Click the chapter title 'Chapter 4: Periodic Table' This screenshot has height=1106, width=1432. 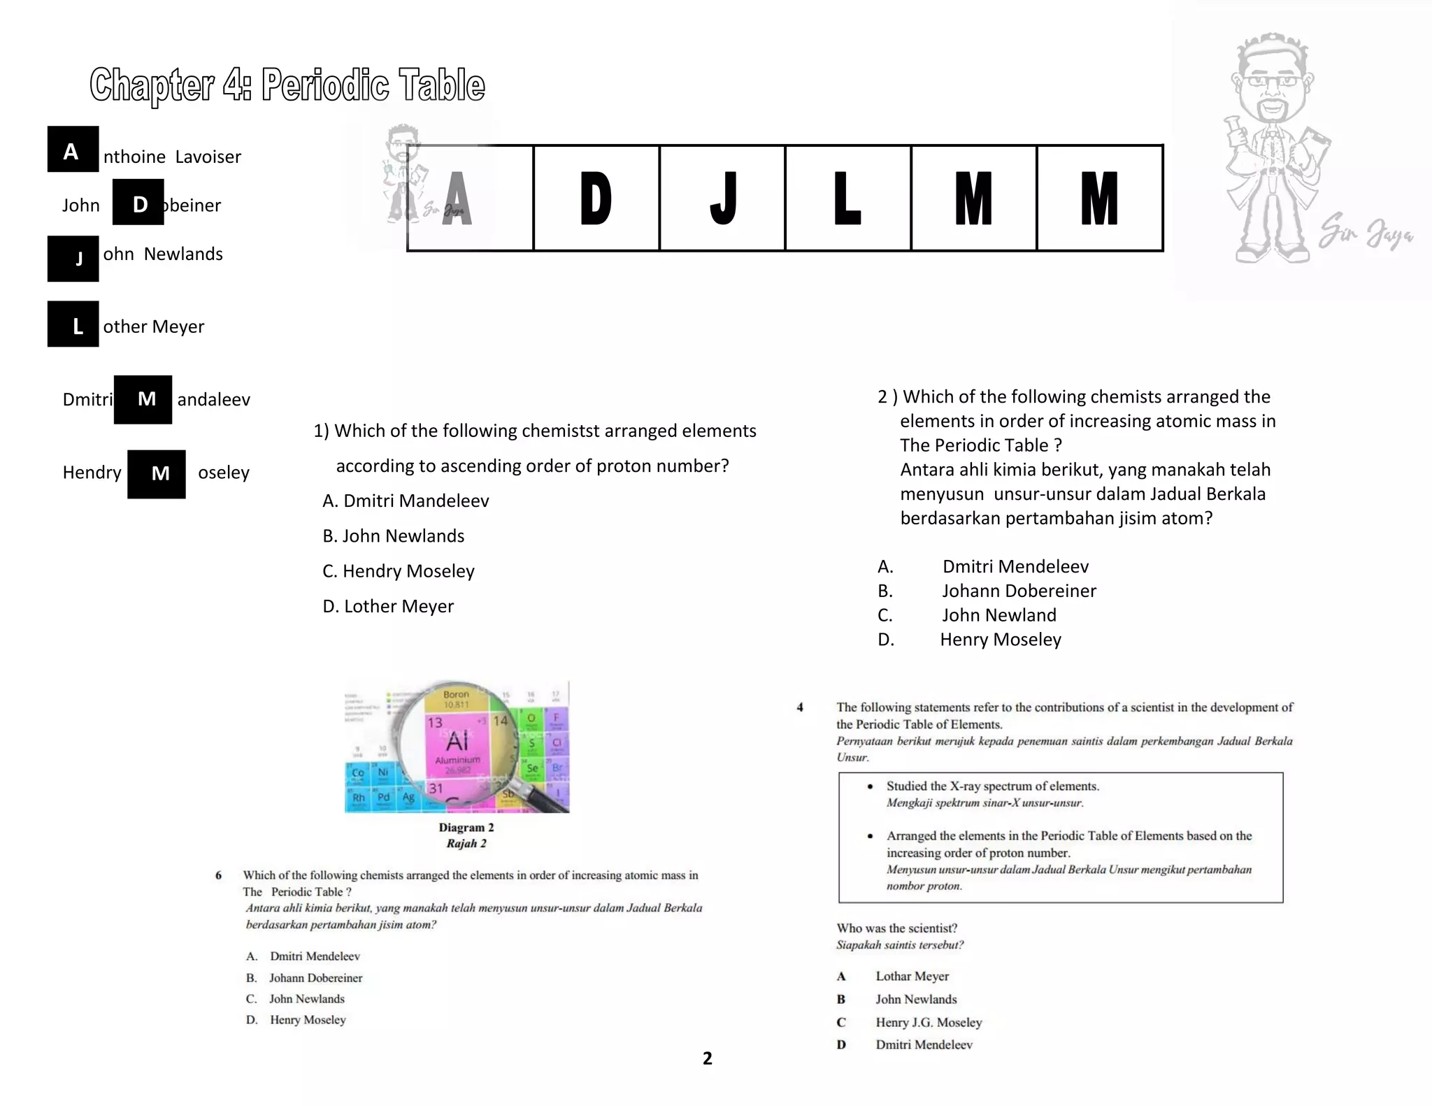coord(287,85)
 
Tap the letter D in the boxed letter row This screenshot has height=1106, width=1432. coord(596,199)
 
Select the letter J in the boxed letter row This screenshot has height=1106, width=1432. coord(722,199)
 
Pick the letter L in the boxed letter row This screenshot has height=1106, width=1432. coord(847,199)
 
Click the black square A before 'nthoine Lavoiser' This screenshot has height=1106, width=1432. coord(73,150)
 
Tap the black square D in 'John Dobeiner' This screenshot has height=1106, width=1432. coord(138,203)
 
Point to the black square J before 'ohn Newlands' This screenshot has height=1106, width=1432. coord(73,259)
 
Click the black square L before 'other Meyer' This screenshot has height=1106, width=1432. coord(73,324)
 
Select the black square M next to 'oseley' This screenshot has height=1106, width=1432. coord(157,474)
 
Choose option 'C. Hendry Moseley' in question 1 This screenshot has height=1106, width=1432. coord(398,571)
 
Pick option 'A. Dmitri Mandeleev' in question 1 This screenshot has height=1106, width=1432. coord(406,501)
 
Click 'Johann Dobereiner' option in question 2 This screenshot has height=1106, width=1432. coord(1018,591)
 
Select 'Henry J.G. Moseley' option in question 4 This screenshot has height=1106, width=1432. coord(928,1022)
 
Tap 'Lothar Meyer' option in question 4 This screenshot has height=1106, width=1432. coord(912,976)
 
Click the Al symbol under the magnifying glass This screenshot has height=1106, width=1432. coord(457,740)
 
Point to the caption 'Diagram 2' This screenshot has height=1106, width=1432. coord(466,828)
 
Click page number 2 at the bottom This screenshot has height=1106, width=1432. coord(708,1058)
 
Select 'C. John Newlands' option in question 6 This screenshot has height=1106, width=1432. coord(306,999)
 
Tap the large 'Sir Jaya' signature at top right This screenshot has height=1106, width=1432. coord(1365,234)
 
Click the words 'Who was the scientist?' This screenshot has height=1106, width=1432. coord(896,928)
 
